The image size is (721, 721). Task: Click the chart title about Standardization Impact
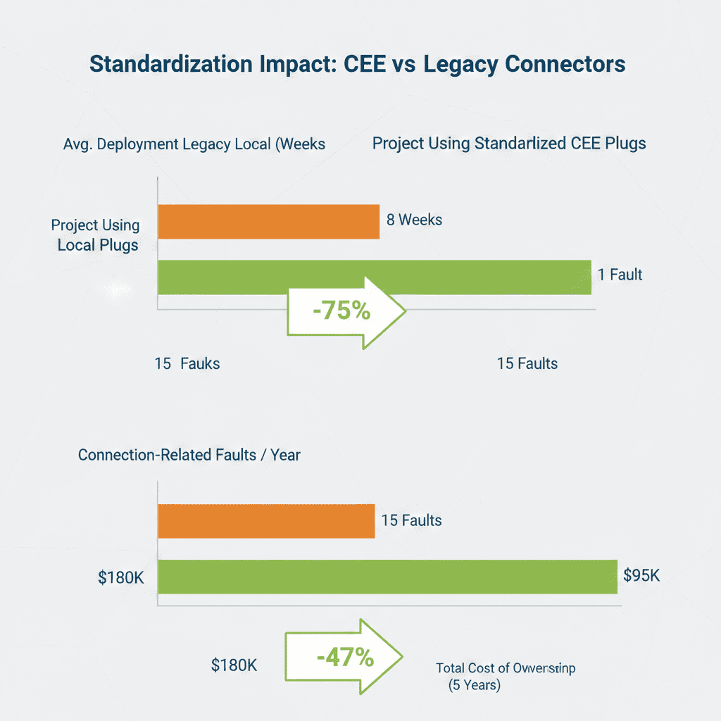(358, 64)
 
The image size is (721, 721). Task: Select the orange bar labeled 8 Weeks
(268, 222)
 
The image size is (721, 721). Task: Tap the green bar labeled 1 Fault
(374, 277)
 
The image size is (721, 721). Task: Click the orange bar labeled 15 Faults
(266, 522)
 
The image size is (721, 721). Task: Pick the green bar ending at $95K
(387, 577)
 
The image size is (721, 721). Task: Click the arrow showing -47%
(344, 658)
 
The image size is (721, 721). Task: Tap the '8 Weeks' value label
(414, 220)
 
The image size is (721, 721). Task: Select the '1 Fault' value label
(620, 275)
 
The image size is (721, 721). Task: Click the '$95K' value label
(641, 575)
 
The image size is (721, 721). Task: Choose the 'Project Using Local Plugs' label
(96, 235)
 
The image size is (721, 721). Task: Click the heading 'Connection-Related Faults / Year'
(189, 455)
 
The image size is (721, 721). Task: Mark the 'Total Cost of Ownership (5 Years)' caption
(505, 676)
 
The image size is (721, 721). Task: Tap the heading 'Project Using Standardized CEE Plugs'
(509, 144)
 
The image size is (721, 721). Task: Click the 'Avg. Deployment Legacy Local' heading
(194, 144)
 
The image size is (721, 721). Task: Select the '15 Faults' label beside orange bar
(411, 521)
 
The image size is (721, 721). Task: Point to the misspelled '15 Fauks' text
(187, 364)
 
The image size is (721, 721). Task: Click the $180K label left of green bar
(121, 578)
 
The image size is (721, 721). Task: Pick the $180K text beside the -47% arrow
(234, 664)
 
